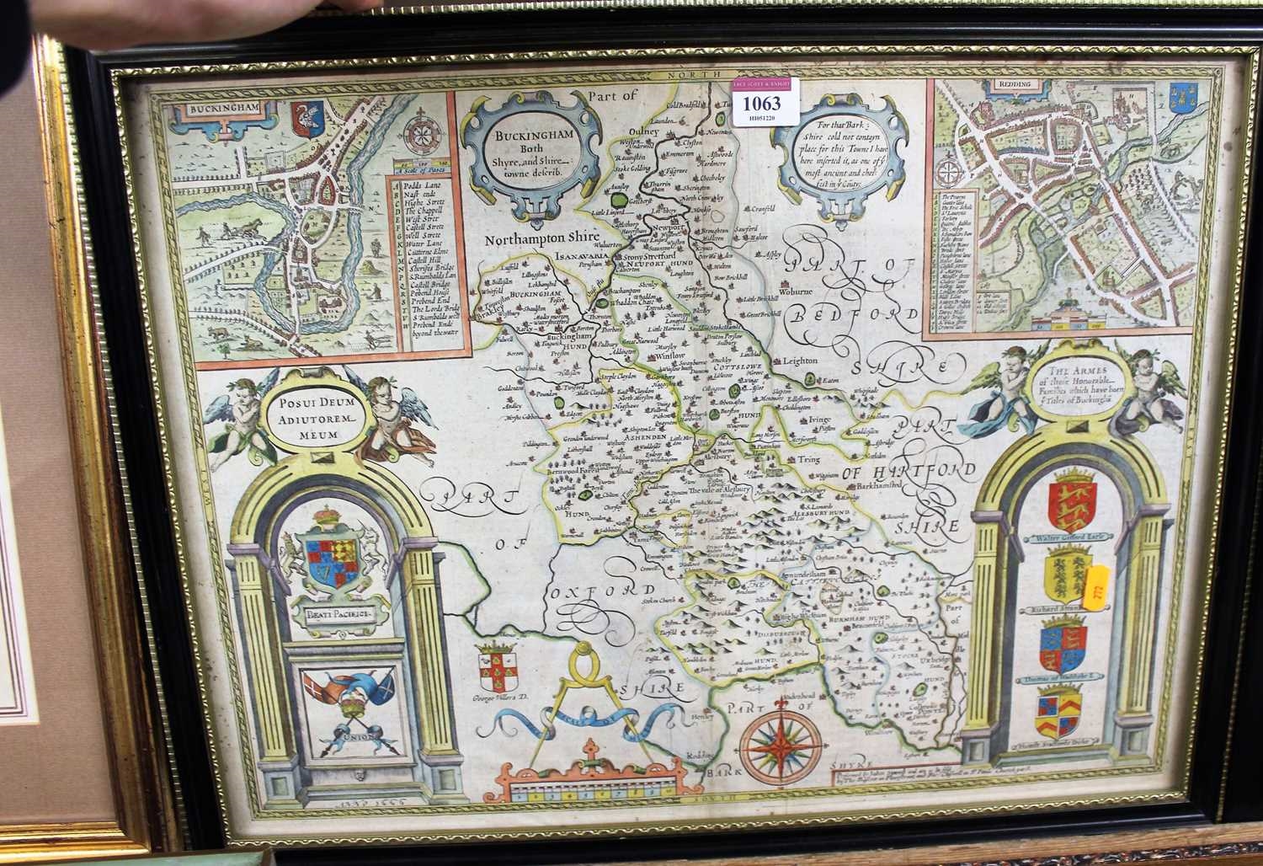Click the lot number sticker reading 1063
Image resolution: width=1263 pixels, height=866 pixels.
tap(761, 103)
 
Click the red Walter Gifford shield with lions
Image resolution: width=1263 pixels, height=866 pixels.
tap(1068, 503)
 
